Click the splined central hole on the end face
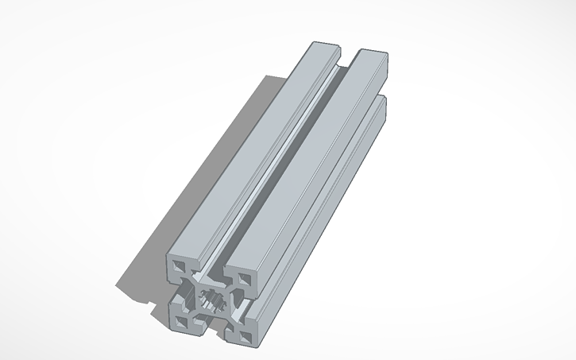(212, 300)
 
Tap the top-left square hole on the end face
(178, 265)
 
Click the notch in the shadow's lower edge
(149, 304)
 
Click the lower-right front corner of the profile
(257, 343)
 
